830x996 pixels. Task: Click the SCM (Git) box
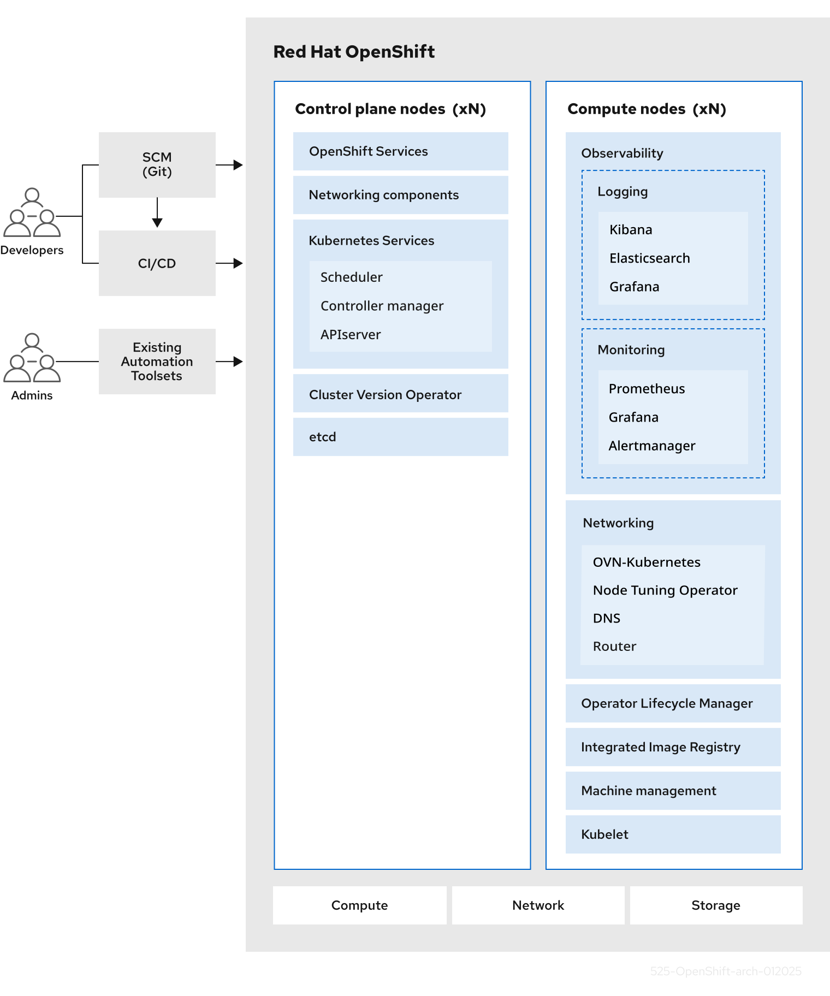tap(157, 164)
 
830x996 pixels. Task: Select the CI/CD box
tap(157, 263)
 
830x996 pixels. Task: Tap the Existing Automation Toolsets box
tap(157, 361)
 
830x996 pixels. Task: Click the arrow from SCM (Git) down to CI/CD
tap(157, 213)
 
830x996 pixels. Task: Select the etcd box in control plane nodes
tap(400, 437)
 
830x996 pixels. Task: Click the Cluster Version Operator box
tap(400, 394)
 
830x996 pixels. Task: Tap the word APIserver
tap(351, 335)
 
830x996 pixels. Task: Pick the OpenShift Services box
tap(400, 151)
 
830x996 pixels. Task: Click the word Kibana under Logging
tap(631, 230)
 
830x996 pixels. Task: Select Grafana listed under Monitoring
tap(633, 417)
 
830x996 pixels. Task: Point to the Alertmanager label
tap(651, 446)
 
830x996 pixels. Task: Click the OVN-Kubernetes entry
tap(647, 562)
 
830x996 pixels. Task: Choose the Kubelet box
tap(673, 834)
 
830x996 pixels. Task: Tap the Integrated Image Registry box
tap(673, 747)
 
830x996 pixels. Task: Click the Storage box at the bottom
tap(716, 905)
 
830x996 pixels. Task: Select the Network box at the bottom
tap(538, 905)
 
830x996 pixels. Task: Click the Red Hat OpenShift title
tap(354, 52)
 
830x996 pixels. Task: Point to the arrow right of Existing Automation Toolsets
tap(229, 361)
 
